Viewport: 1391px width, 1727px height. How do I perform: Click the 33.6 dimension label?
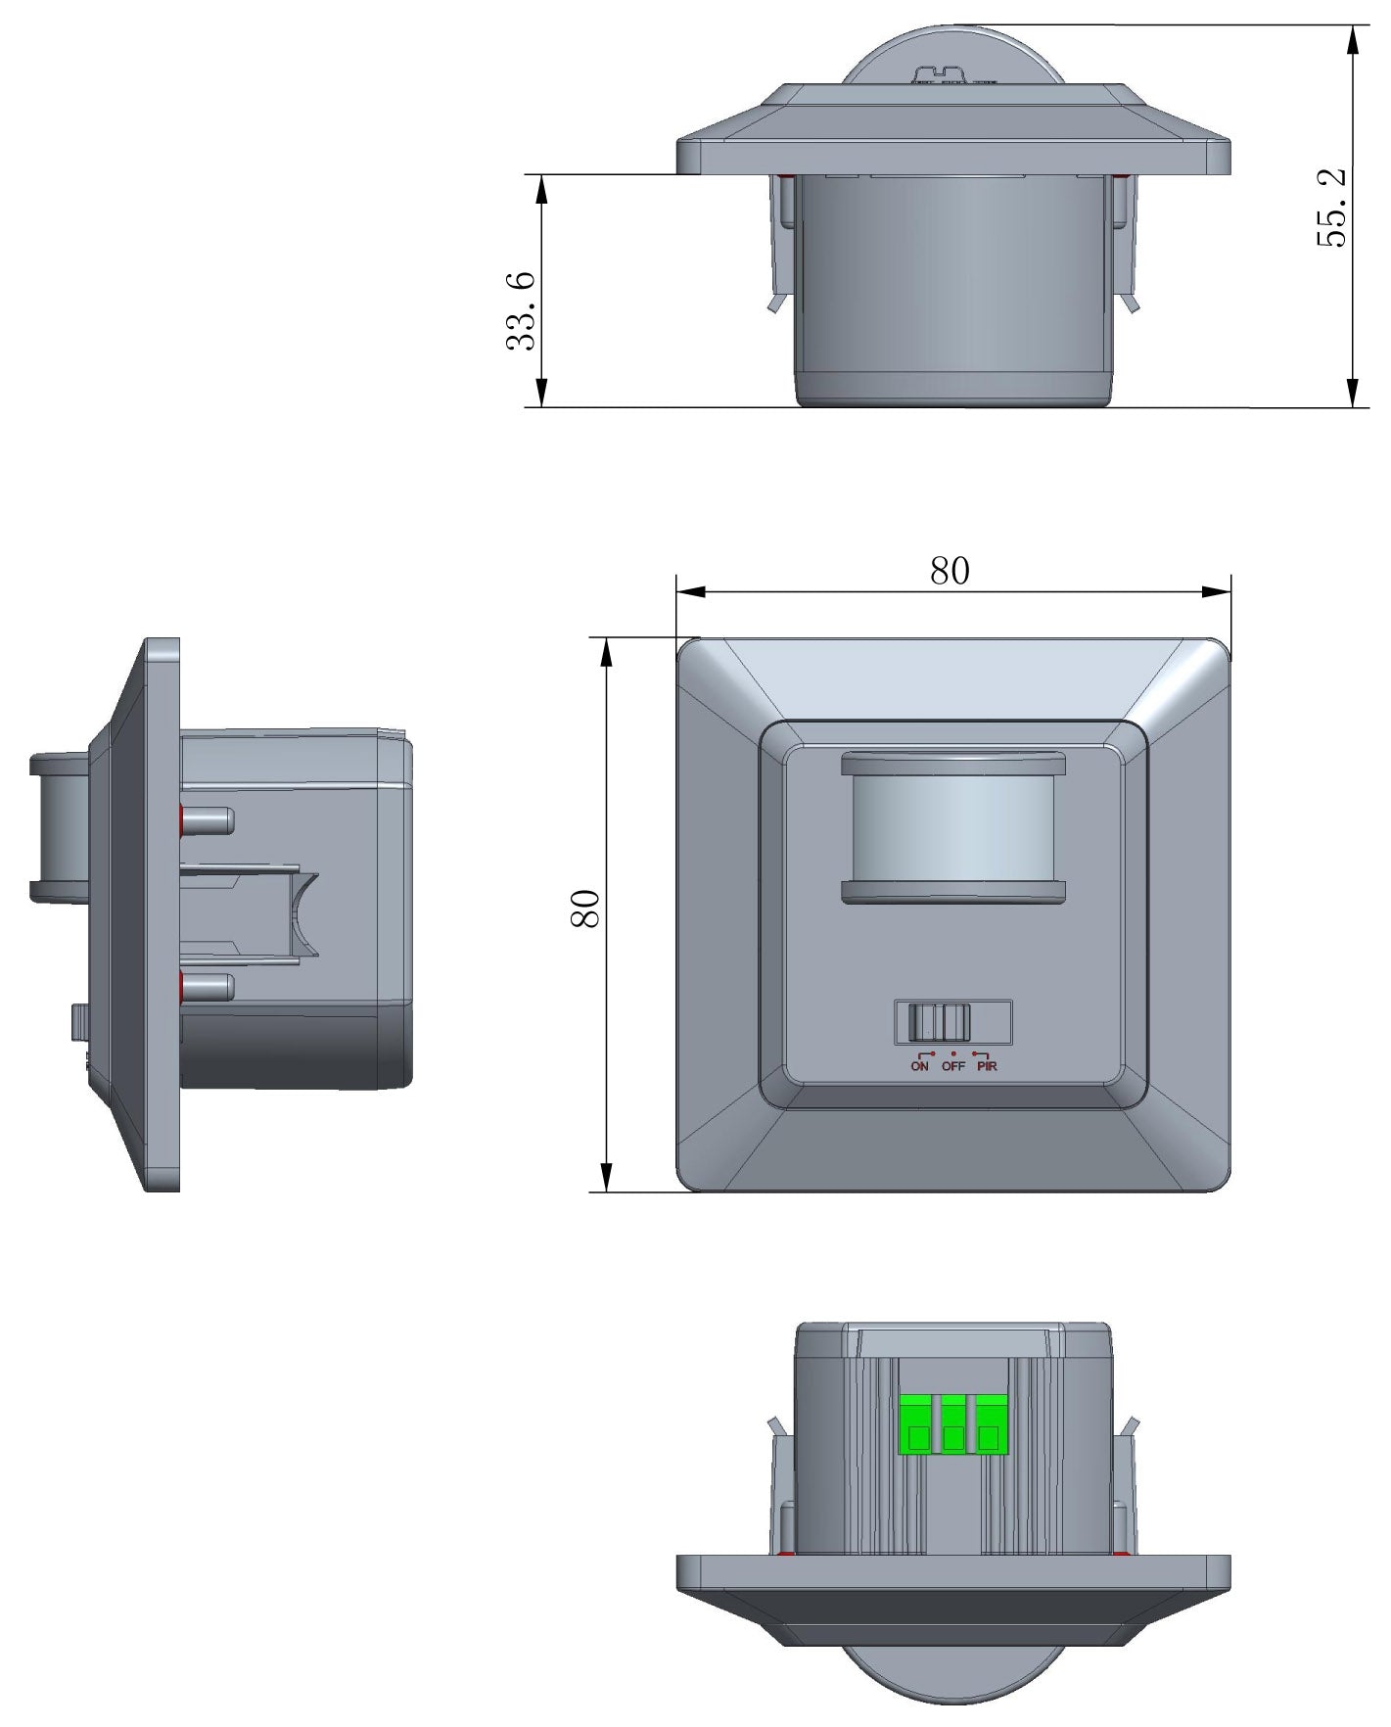[x=522, y=310]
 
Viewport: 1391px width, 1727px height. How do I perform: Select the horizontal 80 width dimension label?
[x=950, y=571]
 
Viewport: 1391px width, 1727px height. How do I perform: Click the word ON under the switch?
[x=919, y=1066]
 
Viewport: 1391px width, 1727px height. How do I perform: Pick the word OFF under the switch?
[x=953, y=1066]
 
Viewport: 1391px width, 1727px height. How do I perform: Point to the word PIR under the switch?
[x=987, y=1066]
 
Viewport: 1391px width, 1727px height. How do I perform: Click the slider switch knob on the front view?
[x=938, y=1023]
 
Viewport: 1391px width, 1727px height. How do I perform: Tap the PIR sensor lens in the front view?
[x=952, y=827]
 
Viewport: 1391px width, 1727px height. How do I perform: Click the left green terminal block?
[x=917, y=1425]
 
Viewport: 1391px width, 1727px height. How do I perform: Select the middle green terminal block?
[x=952, y=1425]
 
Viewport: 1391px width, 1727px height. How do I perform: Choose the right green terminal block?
[x=989, y=1425]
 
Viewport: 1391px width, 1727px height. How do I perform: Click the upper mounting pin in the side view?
[x=208, y=820]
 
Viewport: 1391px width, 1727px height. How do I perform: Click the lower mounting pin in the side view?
[x=208, y=987]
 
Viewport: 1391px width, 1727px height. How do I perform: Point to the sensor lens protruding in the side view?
[x=59, y=827]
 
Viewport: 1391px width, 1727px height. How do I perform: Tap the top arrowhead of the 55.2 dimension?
[x=1352, y=39]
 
